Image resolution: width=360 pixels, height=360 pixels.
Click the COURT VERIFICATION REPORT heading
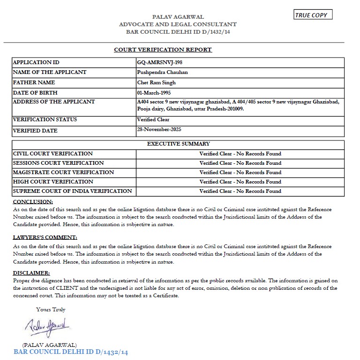[x=163, y=50]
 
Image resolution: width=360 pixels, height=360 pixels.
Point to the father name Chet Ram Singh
[x=157, y=83]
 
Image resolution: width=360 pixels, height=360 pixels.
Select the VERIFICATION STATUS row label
[x=45, y=120]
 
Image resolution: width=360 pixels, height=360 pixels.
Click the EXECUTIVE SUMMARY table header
[x=179, y=144]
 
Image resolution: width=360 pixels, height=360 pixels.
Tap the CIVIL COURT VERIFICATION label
[x=53, y=154]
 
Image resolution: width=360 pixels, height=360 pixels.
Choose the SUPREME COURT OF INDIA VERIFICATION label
[x=73, y=191]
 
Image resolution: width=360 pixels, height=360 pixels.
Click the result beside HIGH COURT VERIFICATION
[x=240, y=182]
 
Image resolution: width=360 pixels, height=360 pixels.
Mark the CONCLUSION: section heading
[x=33, y=202]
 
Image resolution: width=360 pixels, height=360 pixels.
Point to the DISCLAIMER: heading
[x=31, y=273]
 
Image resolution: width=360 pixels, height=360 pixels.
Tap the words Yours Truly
[x=51, y=309]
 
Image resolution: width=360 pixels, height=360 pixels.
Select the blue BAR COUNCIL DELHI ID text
[x=71, y=352]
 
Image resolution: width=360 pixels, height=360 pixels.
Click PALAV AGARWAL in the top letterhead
[x=178, y=17]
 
